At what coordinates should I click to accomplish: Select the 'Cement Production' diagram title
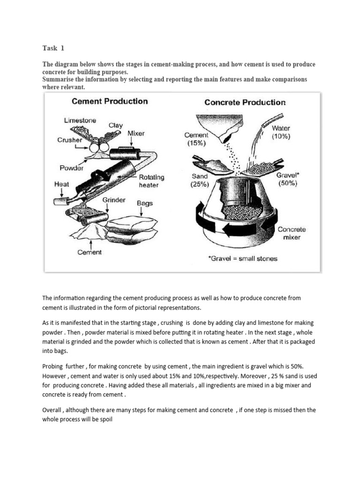tap(109, 101)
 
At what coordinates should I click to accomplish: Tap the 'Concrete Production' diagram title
tap(245, 102)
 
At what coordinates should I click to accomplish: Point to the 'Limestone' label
tap(81, 120)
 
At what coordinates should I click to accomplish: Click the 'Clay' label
tap(116, 125)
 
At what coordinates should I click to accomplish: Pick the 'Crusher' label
tap(70, 140)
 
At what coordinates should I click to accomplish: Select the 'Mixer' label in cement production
tap(136, 134)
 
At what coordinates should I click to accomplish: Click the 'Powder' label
tap(71, 168)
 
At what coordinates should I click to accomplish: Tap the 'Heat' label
tap(62, 185)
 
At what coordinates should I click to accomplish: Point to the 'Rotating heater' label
tap(151, 181)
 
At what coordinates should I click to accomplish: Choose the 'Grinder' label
tap(114, 200)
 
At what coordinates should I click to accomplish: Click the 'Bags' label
tap(144, 203)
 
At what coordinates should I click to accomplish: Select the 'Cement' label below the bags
tap(89, 253)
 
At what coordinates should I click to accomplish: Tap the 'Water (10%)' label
tap(281, 132)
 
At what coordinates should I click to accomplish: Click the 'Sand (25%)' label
tap(199, 180)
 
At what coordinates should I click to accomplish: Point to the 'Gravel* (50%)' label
tap(287, 179)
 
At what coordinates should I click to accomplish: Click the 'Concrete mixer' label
tap(292, 233)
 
